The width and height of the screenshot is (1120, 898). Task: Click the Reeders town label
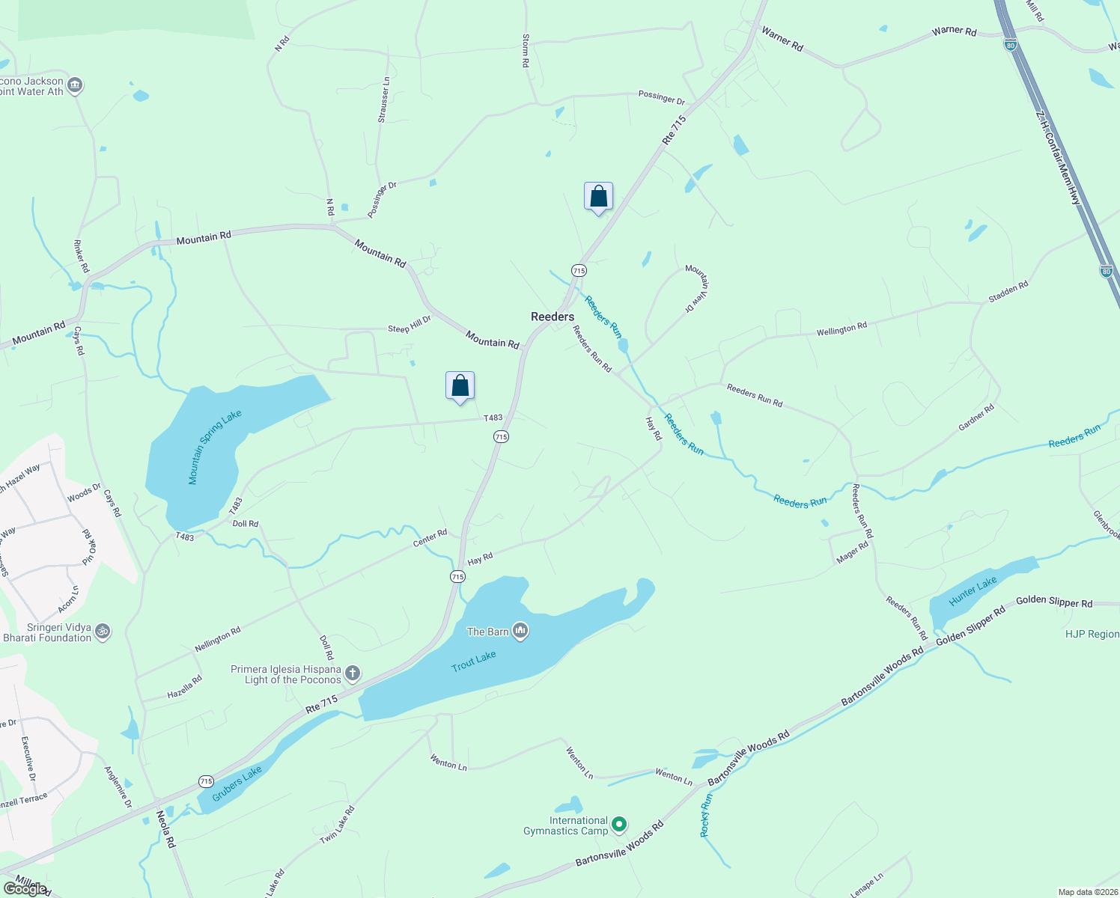[553, 317]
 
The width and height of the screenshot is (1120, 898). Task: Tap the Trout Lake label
[473, 662]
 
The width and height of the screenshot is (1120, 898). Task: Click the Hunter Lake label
[973, 591]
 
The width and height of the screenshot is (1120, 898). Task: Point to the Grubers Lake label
[237, 783]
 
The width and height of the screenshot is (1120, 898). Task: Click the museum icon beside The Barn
[520, 631]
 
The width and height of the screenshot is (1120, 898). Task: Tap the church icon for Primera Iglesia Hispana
[352, 673]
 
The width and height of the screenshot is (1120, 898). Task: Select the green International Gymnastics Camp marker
[618, 825]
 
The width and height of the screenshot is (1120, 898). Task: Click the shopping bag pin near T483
[460, 386]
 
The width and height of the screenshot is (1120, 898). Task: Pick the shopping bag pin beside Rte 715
[598, 197]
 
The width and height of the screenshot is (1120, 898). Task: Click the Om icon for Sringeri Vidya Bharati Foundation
[103, 632]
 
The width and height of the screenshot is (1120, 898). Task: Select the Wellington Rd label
[841, 329]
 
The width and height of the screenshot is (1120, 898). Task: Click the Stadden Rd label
[1008, 292]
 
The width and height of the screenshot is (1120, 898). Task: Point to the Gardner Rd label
[976, 418]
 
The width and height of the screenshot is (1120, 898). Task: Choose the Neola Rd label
[165, 828]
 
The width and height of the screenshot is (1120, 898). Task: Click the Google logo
[25, 889]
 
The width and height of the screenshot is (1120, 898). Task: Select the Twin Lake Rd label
[338, 825]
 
